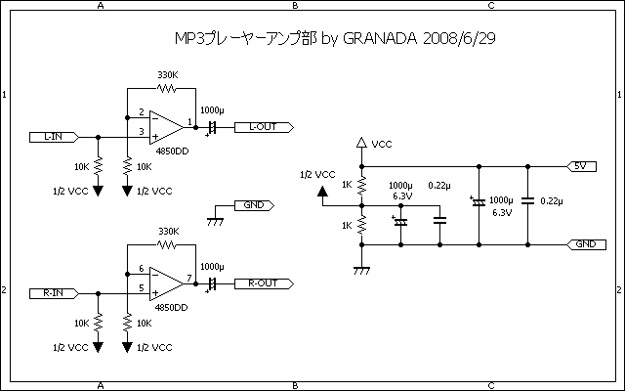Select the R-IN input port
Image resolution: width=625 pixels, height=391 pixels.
tap(54, 292)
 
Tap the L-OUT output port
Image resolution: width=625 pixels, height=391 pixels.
tap(263, 127)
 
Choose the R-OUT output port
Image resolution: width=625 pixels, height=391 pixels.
tap(263, 283)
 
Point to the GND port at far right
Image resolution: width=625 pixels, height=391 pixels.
tap(584, 243)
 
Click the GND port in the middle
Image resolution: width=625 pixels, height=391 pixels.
tap(253, 205)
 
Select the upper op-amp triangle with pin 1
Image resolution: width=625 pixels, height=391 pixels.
tap(166, 127)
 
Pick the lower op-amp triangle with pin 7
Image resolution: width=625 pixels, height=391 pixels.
tap(166, 283)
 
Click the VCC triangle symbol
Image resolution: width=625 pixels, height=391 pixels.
tap(361, 143)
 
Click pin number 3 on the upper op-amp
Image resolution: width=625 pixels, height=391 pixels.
tap(142, 132)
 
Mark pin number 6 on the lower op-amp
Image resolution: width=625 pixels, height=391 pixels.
tap(142, 269)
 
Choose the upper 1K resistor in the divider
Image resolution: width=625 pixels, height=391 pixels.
tap(361, 185)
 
